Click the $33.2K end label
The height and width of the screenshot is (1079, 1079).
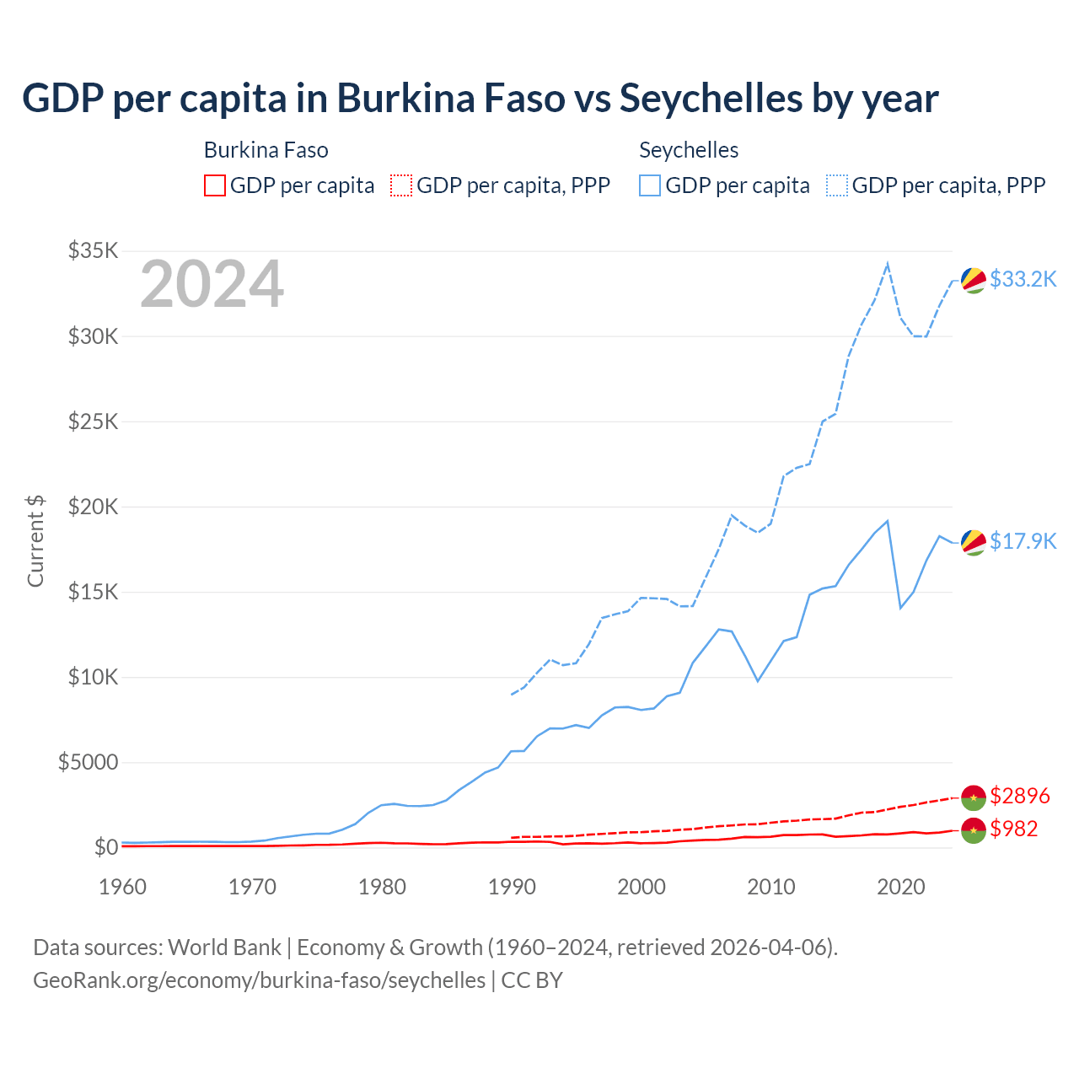point(1023,279)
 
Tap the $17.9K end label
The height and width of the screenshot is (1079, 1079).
point(1023,541)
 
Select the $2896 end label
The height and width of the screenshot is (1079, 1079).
point(1019,796)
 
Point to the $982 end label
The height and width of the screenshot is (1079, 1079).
point(1013,829)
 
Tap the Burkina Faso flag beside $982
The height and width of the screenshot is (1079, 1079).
point(974,830)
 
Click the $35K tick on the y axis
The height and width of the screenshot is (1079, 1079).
point(94,251)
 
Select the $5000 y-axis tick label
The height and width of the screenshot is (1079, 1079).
point(88,763)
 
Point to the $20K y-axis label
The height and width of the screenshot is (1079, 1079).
point(94,507)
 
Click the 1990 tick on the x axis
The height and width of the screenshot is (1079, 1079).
point(512,887)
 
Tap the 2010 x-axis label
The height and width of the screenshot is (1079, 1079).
point(771,887)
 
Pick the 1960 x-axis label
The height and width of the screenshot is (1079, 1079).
point(123,887)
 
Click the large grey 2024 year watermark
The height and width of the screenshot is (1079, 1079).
point(212,285)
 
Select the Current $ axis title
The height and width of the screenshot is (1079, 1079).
point(35,541)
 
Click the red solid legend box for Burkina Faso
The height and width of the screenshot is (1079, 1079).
point(215,185)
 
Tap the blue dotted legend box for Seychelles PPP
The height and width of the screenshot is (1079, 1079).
point(837,185)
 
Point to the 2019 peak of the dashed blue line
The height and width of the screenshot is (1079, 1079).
point(887,264)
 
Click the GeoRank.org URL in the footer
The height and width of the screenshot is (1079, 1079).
point(259,980)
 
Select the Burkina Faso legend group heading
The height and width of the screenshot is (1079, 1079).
point(266,150)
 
